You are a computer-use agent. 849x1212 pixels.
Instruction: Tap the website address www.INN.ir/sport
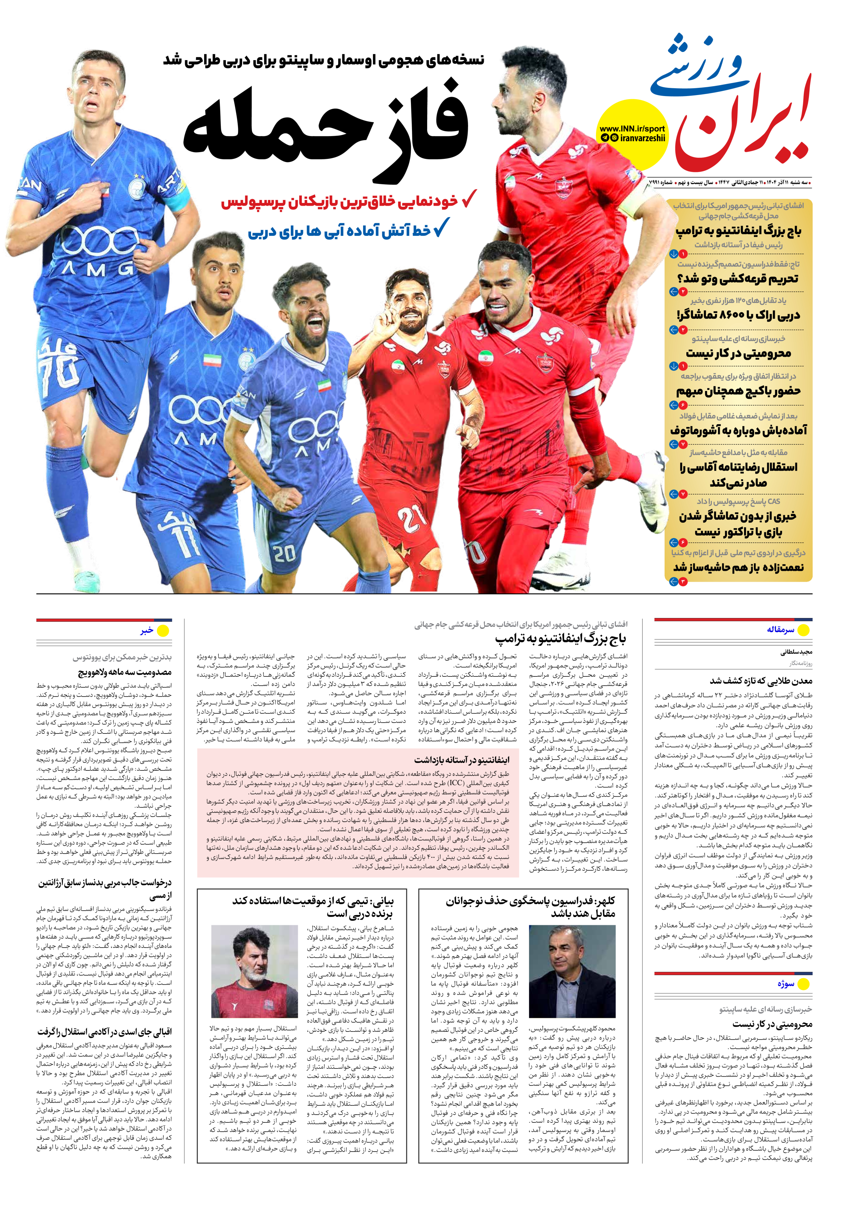tap(632, 128)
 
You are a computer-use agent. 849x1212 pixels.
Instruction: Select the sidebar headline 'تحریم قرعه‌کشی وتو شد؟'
tap(738, 278)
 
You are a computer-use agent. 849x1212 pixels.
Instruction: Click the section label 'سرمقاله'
tap(780, 630)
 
